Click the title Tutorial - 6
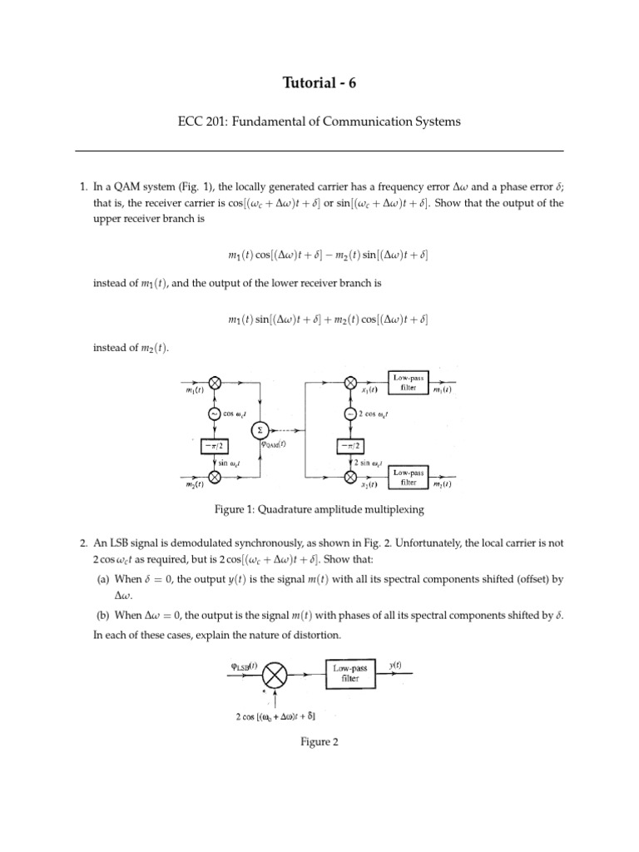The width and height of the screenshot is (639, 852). click(319, 82)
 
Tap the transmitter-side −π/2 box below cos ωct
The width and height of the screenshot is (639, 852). click(215, 445)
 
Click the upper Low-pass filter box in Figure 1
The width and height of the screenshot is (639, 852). click(405, 384)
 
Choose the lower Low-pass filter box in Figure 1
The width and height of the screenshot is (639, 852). click(405, 477)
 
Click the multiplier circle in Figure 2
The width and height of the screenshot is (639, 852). click(279, 672)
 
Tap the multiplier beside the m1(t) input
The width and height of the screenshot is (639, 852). click(215, 384)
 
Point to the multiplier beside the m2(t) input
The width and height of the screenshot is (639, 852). click(215, 477)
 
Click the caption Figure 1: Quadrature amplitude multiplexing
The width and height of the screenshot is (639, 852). click(319, 509)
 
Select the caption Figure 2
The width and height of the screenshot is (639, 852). click(319, 742)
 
